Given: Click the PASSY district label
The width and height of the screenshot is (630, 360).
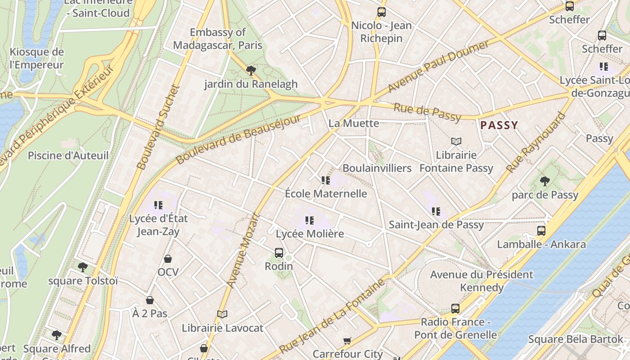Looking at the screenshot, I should pos(499,125).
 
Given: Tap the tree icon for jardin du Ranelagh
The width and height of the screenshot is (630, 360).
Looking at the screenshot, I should pos(251,70).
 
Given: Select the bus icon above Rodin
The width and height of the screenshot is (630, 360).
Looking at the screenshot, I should pos(279,253).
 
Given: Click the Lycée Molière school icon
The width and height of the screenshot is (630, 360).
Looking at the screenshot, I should pos(309,220).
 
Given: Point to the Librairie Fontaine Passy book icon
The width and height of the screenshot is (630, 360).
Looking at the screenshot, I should pos(456,142).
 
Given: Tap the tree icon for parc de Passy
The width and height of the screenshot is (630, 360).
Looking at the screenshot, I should pos(544,181).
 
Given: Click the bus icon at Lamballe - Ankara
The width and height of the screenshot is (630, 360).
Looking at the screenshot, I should pos(541,231).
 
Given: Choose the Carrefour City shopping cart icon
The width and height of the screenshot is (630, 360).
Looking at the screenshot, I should pos(347,341).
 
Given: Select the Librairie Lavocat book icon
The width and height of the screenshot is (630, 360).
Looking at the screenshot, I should pos(222,314).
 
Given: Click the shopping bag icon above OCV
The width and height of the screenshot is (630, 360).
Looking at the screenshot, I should pos(167,259).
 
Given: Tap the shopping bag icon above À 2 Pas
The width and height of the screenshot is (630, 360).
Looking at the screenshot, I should pos(149,300).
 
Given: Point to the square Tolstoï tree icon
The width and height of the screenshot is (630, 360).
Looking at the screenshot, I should pos(82,267).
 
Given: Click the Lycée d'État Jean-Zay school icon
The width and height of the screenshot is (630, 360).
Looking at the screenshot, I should pos(158,205).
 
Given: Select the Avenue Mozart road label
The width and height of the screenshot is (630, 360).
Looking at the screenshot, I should pos(243,250).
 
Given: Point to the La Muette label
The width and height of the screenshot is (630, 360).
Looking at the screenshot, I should pos(353,123).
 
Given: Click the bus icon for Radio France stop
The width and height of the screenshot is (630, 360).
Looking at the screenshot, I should pos(455,309).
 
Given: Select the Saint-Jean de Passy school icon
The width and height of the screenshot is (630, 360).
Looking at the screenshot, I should pos(436,211).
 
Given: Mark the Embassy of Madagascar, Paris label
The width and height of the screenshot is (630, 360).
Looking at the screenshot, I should pos(217,39).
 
